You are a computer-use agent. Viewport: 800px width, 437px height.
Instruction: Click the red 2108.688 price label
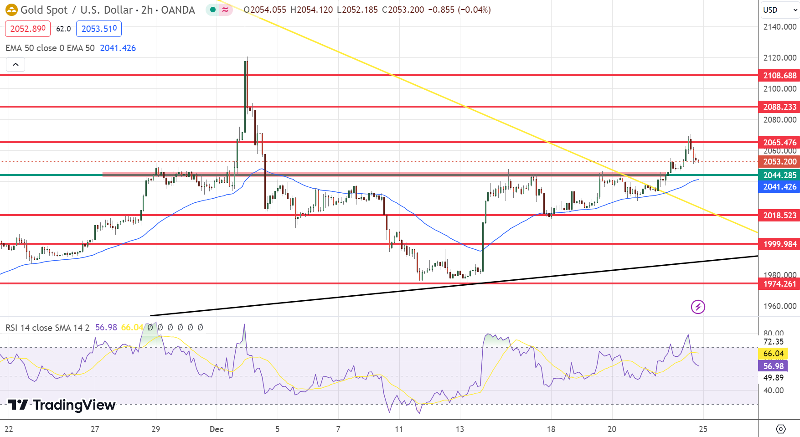coord(779,76)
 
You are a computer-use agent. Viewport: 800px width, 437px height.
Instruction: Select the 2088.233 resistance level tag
coord(779,107)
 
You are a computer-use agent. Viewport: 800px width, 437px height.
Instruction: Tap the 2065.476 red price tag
coord(779,143)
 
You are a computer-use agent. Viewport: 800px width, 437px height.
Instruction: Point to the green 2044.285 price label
coord(779,175)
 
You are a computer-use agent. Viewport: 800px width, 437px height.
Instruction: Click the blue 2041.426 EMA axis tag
coord(779,187)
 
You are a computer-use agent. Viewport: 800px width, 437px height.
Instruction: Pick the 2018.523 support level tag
coord(779,216)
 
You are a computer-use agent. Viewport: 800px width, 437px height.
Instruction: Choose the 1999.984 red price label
coord(779,244)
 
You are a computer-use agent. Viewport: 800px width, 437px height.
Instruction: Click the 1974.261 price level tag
coord(779,284)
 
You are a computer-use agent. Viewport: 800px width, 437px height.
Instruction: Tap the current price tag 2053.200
coord(779,162)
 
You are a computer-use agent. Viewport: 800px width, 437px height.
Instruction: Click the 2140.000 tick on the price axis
coord(779,27)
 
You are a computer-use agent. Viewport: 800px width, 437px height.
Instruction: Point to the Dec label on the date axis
coord(217,429)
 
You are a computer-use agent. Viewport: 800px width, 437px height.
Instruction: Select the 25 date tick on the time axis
coord(703,429)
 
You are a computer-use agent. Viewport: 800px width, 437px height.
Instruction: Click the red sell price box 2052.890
coord(28,29)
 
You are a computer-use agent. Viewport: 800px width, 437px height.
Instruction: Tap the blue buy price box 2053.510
coord(99,29)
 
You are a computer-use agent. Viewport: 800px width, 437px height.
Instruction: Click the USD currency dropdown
coord(780,10)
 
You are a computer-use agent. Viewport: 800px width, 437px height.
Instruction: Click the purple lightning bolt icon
coord(698,307)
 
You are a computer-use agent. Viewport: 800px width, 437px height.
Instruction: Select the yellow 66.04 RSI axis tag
coord(774,354)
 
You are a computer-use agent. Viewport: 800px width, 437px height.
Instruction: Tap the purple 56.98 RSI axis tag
coord(774,366)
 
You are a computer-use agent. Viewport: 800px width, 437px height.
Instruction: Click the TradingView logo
coord(62,405)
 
